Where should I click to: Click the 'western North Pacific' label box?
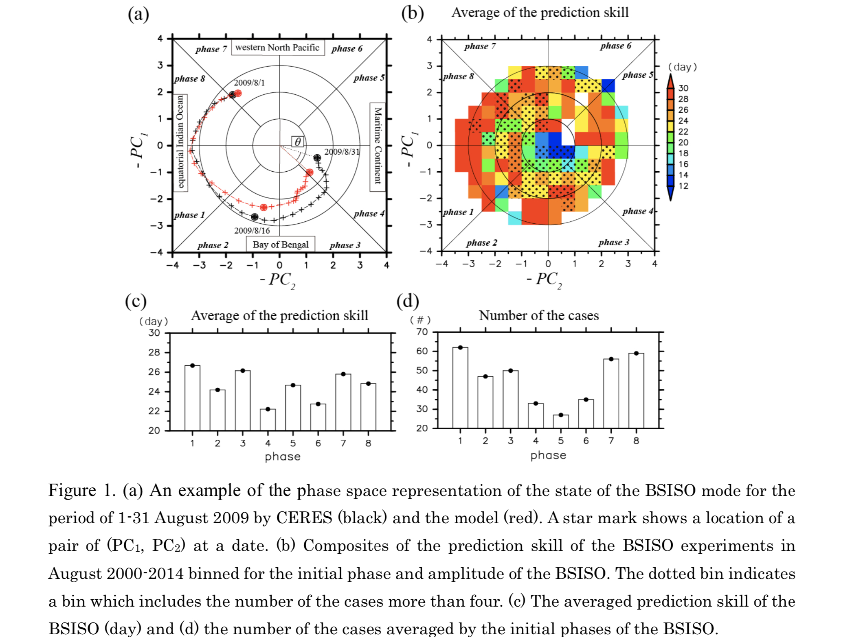(277, 48)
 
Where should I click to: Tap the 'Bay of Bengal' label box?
(281, 245)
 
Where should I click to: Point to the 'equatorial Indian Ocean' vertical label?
(180, 142)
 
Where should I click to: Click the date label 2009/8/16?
(252, 231)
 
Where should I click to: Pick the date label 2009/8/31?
(342, 152)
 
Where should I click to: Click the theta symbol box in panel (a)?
(298, 142)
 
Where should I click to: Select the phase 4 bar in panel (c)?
(268, 419)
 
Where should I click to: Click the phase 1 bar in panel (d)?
(460, 387)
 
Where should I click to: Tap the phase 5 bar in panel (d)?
(561, 421)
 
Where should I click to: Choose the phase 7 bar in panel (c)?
(343, 402)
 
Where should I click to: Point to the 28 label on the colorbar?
(683, 99)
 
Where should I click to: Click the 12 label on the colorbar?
(683, 186)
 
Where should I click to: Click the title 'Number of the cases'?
(538, 316)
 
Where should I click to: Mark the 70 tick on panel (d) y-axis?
(422, 332)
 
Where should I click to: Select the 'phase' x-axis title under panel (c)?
(283, 456)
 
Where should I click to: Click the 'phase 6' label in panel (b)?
(615, 46)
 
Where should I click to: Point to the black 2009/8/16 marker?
(255, 217)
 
